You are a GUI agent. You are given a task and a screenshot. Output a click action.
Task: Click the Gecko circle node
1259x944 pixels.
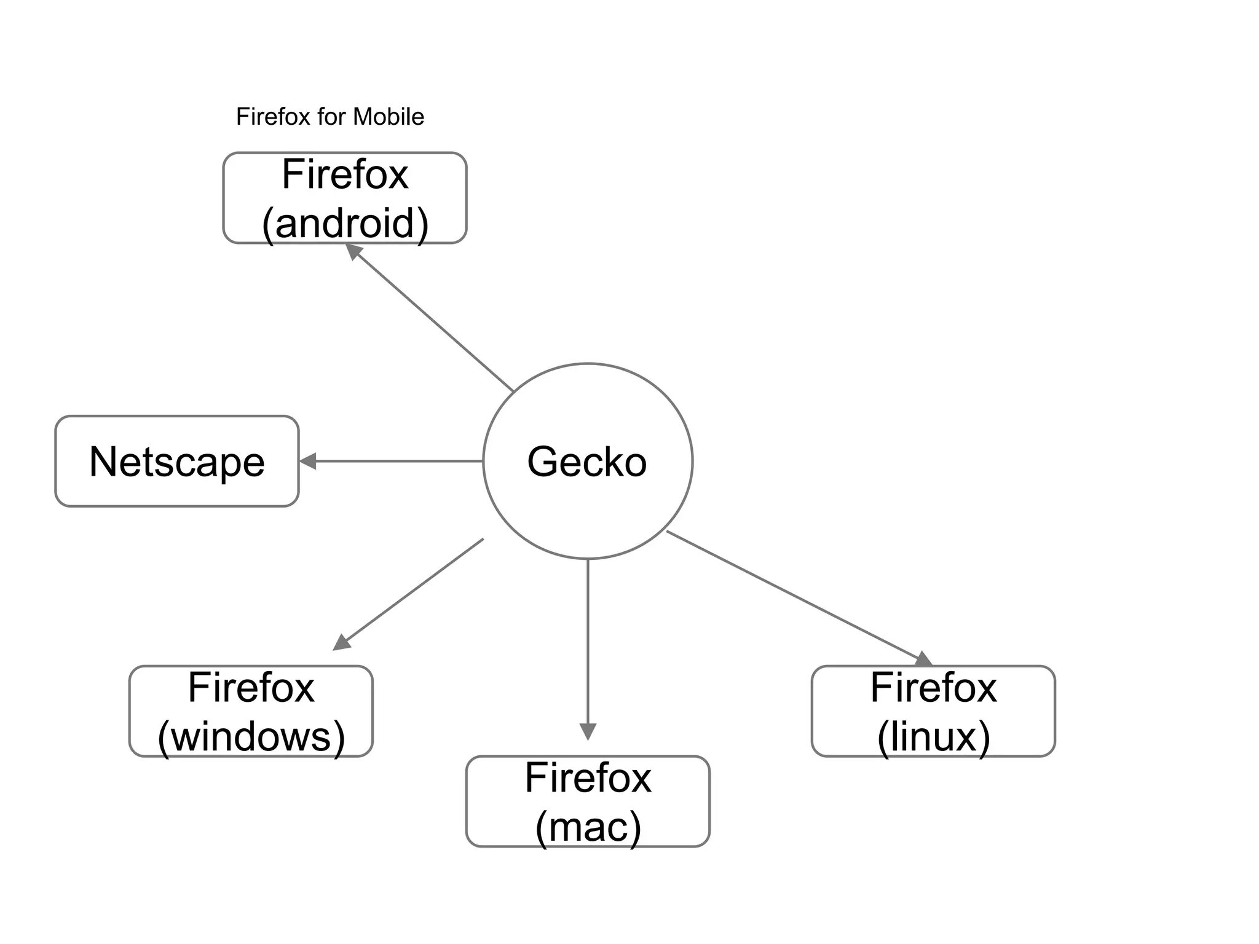click(x=587, y=461)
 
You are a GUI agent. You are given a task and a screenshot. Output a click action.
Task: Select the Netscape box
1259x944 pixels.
click(x=177, y=462)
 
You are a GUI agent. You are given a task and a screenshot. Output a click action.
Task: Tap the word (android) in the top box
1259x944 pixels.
click(x=345, y=223)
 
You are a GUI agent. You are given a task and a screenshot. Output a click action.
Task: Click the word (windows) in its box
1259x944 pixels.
click(x=251, y=736)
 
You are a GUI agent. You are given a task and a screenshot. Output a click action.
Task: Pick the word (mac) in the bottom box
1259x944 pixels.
click(x=588, y=827)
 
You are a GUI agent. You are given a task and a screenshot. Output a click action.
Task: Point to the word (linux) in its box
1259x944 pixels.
click(x=933, y=736)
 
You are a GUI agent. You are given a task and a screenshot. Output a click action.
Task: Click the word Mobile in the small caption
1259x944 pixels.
click(x=389, y=117)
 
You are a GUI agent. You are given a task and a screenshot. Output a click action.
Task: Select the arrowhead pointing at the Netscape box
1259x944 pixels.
click(x=307, y=461)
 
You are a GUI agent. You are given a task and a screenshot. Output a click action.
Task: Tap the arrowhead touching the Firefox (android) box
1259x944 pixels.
click(x=353, y=250)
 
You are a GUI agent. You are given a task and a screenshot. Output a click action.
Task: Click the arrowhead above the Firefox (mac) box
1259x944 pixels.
click(x=588, y=731)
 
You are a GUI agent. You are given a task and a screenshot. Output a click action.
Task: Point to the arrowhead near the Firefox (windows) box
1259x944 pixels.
click(x=341, y=643)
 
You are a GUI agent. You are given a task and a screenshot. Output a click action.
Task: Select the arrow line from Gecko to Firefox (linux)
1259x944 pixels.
click(x=793, y=594)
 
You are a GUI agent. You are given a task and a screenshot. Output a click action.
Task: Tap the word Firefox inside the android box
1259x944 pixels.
click(x=345, y=175)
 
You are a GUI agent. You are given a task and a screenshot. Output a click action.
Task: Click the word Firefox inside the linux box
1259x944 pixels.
click(x=933, y=688)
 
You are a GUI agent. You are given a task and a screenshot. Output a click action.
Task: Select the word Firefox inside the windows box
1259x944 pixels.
click(x=251, y=688)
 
